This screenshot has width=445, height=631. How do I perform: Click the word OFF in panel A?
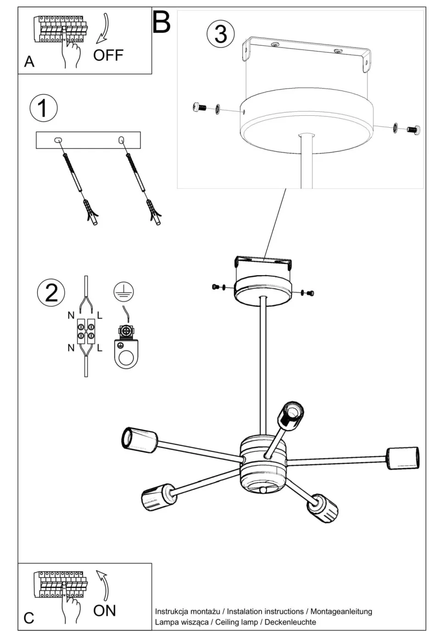108,56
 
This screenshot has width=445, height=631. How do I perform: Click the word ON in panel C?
104,610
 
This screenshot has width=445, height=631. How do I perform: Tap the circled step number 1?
43,108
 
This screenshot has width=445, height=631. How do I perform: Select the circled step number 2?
51,293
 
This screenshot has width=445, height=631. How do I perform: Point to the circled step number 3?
221,34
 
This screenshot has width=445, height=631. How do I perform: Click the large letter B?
161,22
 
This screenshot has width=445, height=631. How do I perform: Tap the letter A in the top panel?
29,62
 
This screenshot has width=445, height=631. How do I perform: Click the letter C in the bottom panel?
29,618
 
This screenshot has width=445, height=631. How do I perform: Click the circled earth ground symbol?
123,290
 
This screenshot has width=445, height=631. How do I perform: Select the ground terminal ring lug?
126,352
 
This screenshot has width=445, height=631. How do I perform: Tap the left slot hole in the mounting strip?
58,140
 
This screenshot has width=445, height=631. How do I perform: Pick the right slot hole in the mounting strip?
122,140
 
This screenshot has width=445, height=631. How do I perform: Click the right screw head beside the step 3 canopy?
414,130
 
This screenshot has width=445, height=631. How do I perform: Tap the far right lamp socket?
403,458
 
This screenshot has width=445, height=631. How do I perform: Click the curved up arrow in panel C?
104,585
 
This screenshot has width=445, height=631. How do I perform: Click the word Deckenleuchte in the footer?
290,622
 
